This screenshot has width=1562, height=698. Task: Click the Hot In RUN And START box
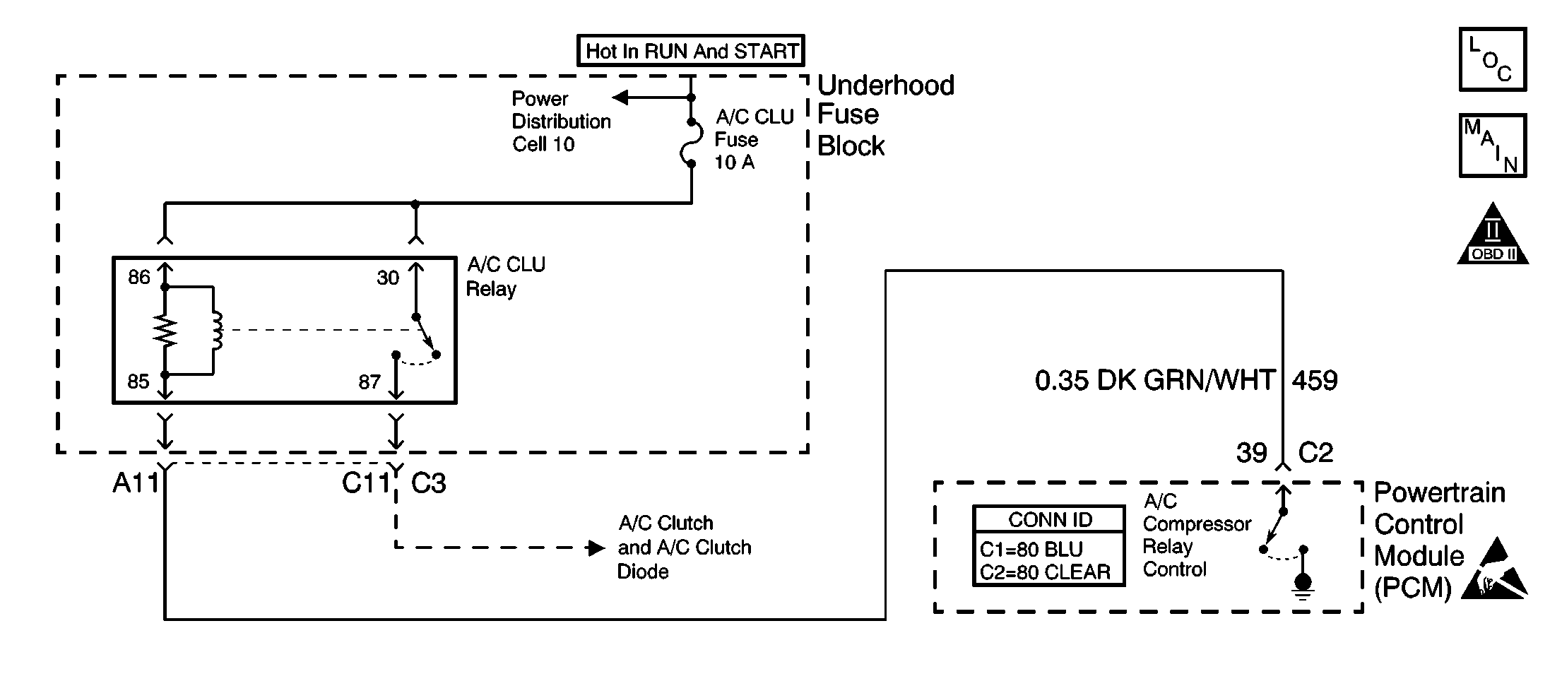pyautogui.click(x=690, y=51)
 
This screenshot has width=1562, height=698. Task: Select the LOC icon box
pyautogui.click(x=1493, y=60)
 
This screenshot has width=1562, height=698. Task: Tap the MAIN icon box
pyautogui.click(x=1493, y=146)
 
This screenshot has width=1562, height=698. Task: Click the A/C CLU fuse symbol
pyautogui.click(x=692, y=143)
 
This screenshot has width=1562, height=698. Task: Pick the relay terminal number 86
pyautogui.click(x=139, y=277)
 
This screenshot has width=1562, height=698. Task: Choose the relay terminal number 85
pyautogui.click(x=138, y=381)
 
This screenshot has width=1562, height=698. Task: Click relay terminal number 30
pyautogui.click(x=388, y=278)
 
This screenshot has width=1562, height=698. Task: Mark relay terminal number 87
pyautogui.click(x=369, y=382)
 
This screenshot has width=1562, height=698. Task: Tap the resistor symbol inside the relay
pyautogui.click(x=165, y=331)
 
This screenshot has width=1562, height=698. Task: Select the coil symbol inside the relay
pyautogui.click(x=216, y=331)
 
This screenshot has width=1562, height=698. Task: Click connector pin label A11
pyautogui.click(x=136, y=483)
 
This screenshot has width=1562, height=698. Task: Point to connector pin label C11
pyautogui.click(x=366, y=483)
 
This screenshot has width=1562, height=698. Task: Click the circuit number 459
pyautogui.click(x=1315, y=381)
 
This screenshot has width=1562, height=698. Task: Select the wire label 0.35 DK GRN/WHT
pyautogui.click(x=1155, y=381)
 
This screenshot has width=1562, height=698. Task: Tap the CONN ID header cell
pyautogui.click(x=1049, y=520)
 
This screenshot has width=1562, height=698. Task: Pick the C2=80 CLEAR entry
pyautogui.click(x=1045, y=572)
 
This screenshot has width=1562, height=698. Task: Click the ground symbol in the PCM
pyautogui.click(x=1303, y=585)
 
